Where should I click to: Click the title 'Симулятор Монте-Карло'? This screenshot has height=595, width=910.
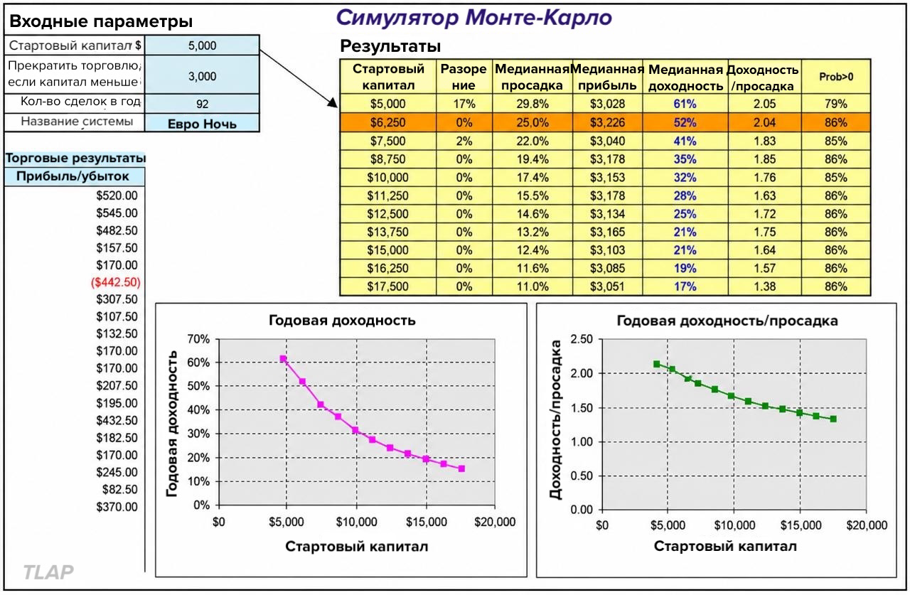(473, 18)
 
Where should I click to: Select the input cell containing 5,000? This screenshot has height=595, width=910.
(202, 45)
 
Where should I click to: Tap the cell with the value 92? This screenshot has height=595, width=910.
(202, 104)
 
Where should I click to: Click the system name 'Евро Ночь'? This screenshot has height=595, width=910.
(202, 124)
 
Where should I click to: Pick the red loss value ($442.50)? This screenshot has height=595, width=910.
(116, 282)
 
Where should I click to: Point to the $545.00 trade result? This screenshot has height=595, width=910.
(117, 213)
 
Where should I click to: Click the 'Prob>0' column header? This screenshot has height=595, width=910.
(836, 77)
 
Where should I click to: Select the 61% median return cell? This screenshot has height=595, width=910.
(685, 104)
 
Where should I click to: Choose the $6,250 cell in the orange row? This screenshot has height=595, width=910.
(387, 123)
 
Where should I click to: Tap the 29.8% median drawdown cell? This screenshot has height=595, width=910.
(532, 104)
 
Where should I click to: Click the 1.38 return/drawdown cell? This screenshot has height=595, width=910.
(764, 286)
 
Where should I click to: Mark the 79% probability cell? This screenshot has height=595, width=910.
(836, 104)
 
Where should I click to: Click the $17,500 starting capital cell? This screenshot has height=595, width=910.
(387, 286)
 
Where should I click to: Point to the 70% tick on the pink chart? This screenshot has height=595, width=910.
(198, 338)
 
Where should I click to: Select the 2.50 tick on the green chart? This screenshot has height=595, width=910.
(582, 338)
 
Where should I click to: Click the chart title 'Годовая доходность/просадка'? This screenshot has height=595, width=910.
(727, 321)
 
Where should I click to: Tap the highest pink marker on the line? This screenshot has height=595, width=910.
(283, 358)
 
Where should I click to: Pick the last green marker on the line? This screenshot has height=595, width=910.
(833, 419)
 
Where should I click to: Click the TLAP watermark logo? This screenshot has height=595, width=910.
(48, 572)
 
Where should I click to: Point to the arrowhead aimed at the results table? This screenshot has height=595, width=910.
(333, 103)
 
